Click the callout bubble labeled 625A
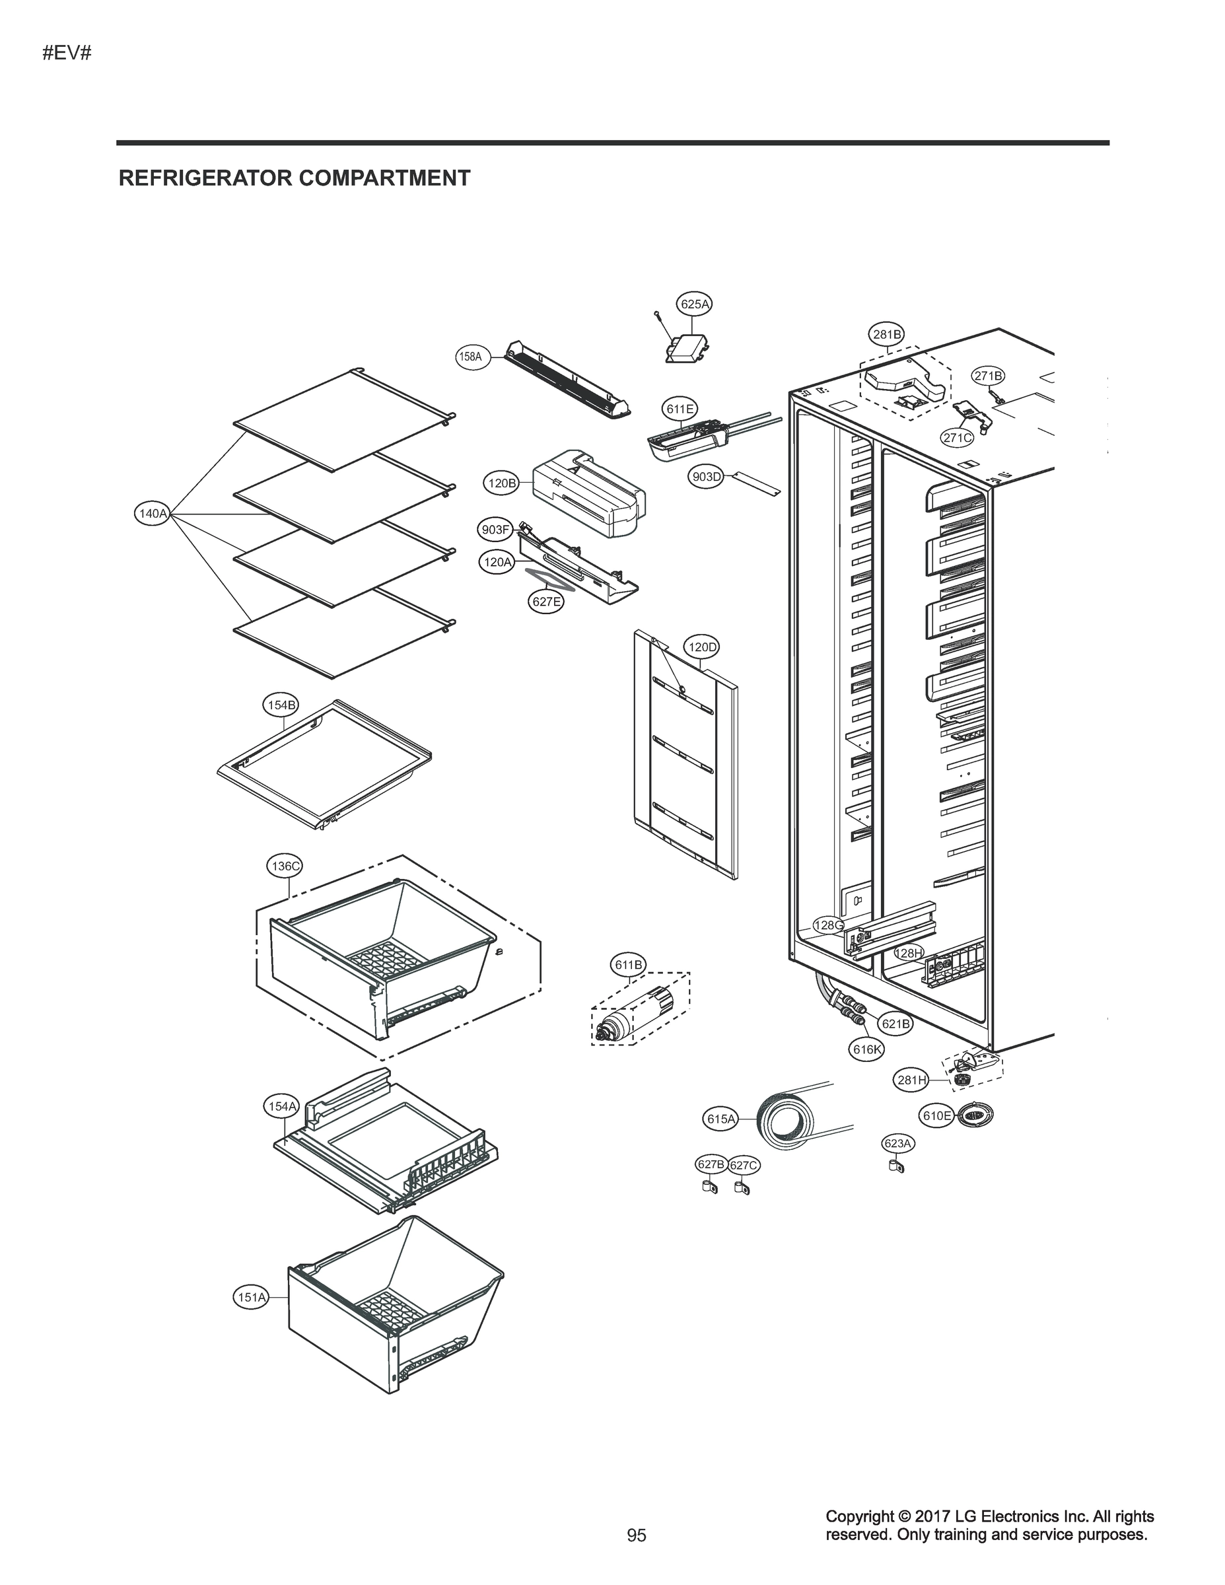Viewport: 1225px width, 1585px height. pyautogui.click(x=694, y=304)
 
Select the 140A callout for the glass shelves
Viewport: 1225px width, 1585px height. pyautogui.click(x=153, y=514)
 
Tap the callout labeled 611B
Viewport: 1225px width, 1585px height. pyautogui.click(x=628, y=964)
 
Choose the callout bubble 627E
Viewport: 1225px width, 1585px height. pyautogui.click(x=545, y=602)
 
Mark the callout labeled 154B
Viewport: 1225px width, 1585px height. pyautogui.click(x=280, y=705)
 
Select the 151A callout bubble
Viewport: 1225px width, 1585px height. pyautogui.click(x=251, y=1297)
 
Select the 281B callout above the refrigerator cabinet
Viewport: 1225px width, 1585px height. pyautogui.click(x=887, y=335)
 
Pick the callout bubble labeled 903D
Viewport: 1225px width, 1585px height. pyautogui.click(x=706, y=477)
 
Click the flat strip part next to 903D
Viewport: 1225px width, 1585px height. pyautogui.click(x=755, y=484)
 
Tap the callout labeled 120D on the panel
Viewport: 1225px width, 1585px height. pyautogui.click(x=701, y=647)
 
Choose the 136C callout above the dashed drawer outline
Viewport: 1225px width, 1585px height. pyautogui.click(x=285, y=866)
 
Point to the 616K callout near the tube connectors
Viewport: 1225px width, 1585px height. pyautogui.click(x=867, y=1049)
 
